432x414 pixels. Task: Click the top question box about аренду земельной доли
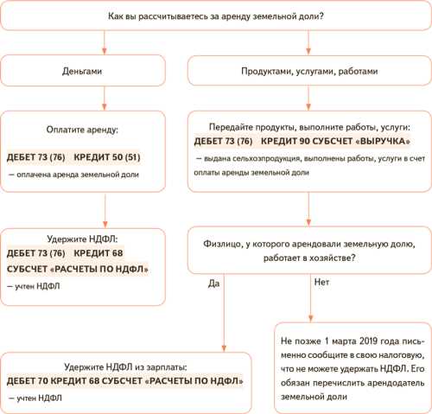point(216,16)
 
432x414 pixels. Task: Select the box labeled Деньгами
point(84,71)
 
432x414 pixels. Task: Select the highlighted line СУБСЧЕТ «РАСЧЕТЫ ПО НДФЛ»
point(77,269)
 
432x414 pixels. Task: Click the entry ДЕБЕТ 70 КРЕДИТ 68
point(67,380)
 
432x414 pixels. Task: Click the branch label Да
point(214,281)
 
